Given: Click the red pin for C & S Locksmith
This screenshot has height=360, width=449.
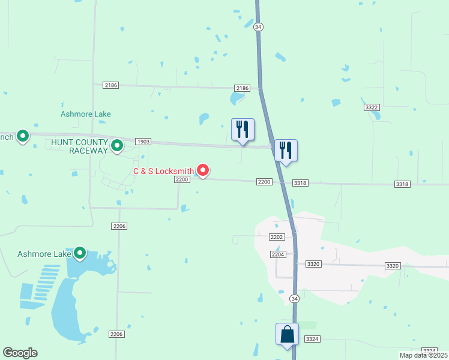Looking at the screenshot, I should click(203, 171).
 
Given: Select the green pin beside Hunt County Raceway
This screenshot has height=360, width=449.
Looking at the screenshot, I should click(117, 145).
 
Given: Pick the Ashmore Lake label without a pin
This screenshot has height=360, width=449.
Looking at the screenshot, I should click(86, 114).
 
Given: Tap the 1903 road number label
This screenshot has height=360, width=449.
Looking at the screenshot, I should click(143, 142).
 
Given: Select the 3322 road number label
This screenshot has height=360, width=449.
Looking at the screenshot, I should click(372, 107).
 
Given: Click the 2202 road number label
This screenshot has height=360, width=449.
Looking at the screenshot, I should click(276, 237).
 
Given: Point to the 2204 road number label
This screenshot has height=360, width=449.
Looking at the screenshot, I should click(277, 254).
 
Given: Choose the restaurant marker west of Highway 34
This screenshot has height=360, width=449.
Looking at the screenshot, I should click(243, 130).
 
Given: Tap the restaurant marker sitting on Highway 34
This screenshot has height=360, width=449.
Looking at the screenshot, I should click(286, 151).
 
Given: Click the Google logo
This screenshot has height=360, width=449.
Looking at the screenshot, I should click(20, 353).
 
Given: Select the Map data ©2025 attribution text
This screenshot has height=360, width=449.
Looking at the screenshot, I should click(423, 355).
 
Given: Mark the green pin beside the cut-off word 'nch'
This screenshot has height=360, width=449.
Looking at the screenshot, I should click(23, 137).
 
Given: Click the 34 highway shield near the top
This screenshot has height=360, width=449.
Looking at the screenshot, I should click(258, 27).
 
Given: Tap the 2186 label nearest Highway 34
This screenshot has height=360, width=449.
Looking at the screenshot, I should click(242, 88).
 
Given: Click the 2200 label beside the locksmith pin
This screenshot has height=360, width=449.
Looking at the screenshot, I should click(182, 179).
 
